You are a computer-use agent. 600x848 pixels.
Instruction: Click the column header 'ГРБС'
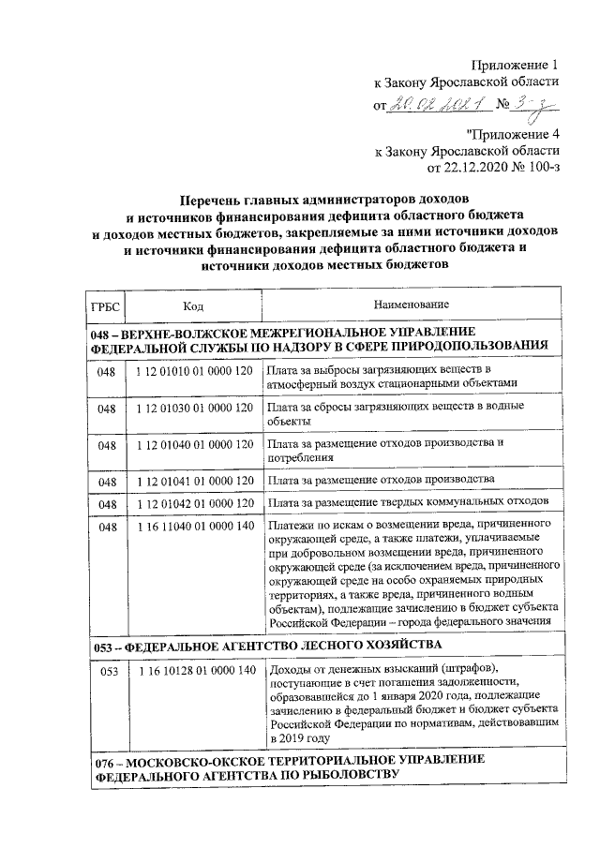tap(101, 305)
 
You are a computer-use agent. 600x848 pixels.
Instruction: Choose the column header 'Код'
tap(193, 305)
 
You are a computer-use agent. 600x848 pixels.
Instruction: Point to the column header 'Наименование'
tap(411, 305)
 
